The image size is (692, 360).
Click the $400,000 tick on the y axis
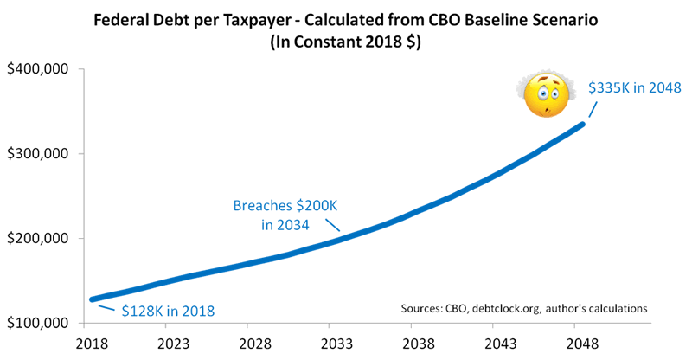pyautogui.click(x=39, y=70)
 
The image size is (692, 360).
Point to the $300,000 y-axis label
pyautogui.click(x=39, y=155)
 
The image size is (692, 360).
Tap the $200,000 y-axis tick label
pyautogui.click(x=39, y=240)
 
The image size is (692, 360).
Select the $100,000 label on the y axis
pyautogui.click(x=39, y=325)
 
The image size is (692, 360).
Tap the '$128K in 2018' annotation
pyautogui.click(x=166, y=309)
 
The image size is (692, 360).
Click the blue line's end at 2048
pyautogui.click(x=582, y=125)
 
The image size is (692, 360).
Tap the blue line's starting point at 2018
pyautogui.click(x=93, y=299)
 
